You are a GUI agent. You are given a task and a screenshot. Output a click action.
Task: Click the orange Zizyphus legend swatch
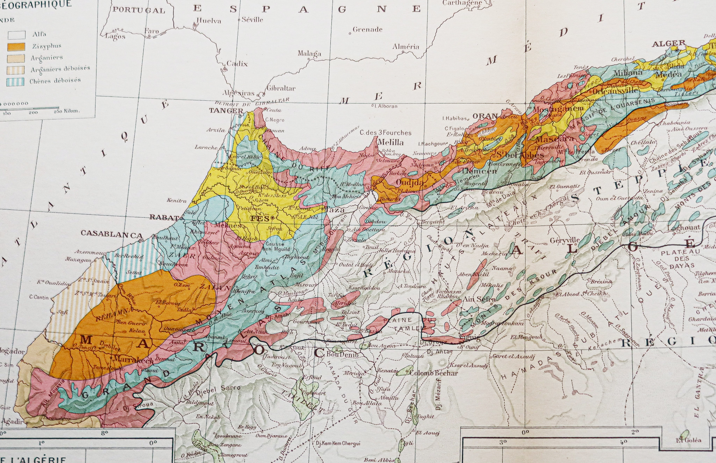tap(16, 46)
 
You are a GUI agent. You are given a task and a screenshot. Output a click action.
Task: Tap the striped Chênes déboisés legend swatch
tap(16, 81)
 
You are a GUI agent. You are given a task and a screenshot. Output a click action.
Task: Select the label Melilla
tap(390, 143)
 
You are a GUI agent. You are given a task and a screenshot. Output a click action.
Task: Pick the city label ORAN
tap(485, 116)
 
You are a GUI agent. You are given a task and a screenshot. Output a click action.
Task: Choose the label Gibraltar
tap(281, 88)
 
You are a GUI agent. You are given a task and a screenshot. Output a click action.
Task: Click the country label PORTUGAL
tap(138, 10)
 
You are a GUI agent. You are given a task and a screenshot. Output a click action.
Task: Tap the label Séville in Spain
tap(252, 20)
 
